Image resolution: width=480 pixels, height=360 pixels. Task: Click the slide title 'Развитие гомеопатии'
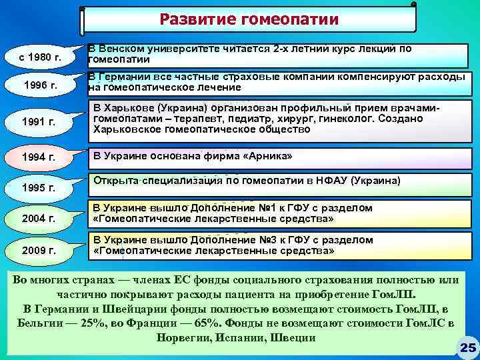point(249,19)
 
